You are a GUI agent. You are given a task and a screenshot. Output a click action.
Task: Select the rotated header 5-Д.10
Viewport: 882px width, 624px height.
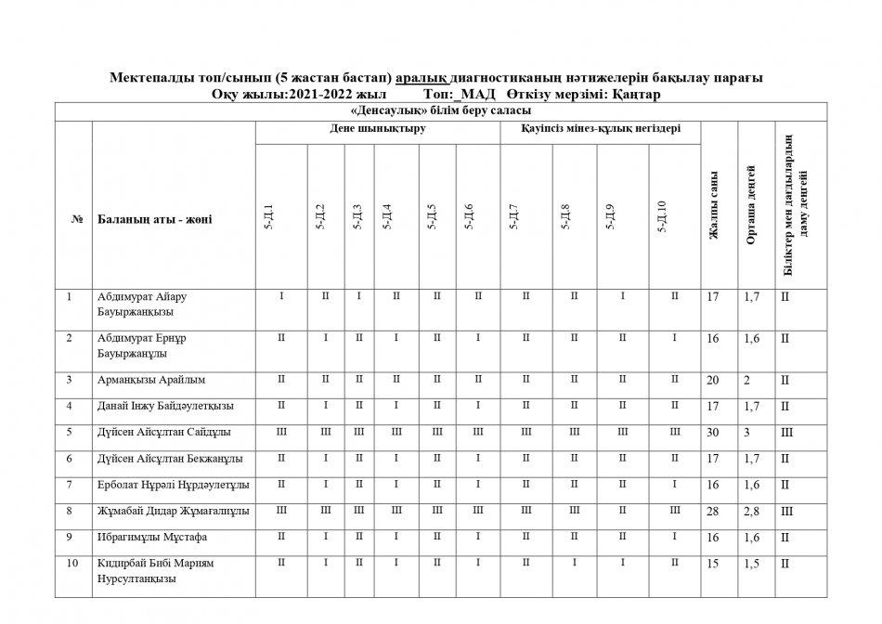point(661,216)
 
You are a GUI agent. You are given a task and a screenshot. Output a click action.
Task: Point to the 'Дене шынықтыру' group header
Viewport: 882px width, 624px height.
point(377,128)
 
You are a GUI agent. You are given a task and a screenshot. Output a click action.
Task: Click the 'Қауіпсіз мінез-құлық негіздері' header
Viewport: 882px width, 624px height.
point(601,128)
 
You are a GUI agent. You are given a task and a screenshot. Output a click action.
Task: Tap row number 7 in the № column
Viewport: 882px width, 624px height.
point(70,484)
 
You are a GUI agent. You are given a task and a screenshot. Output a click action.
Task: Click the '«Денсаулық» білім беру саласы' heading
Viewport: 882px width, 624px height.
point(440,111)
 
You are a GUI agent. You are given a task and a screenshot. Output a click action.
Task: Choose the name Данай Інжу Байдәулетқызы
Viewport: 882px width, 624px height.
point(165,406)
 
